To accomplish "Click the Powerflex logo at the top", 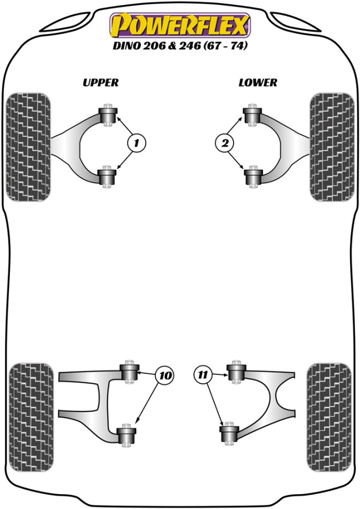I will pos(180,25).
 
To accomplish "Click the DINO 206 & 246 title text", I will pos(180,47).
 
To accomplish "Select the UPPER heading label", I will pos(100,83).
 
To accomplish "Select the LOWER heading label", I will pos(258,83).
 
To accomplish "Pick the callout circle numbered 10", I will pos(164,376).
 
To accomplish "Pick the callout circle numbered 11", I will pos(203,376).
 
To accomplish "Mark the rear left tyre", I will pos(32,417).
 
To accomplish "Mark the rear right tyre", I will pos(329,417).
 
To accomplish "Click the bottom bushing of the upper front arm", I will pos(109,177).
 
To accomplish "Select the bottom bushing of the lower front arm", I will pos(253,177).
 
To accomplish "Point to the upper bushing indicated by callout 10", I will pos(131,371).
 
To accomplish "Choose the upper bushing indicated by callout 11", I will pos(237,371).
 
